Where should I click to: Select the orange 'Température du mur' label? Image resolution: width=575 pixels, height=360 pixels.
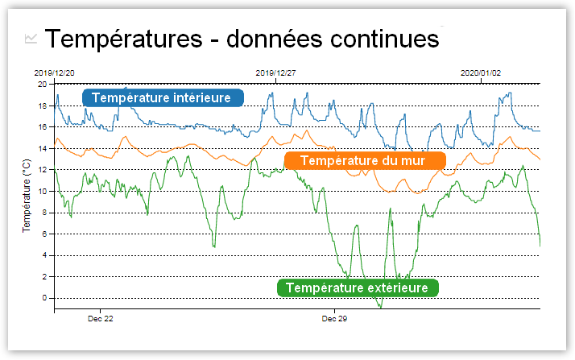pyautogui.click(x=364, y=160)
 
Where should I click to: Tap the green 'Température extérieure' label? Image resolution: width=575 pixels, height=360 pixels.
pyautogui.click(x=358, y=288)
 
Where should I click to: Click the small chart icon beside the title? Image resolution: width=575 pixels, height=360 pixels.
pyautogui.click(x=31, y=38)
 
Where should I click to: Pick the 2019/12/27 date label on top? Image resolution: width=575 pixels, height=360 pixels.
pyautogui.click(x=275, y=72)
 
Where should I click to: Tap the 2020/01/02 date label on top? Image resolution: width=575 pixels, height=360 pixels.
pyautogui.click(x=480, y=72)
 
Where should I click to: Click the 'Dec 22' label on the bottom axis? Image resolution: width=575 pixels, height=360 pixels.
pyautogui.click(x=100, y=319)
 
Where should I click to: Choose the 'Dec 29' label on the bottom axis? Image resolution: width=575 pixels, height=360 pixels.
pyautogui.click(x=334, y=319)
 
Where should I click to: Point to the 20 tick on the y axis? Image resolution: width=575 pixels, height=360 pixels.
pyautogui.click(x=43, y=84)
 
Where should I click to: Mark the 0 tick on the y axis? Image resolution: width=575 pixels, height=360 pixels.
pyautogui.click(x=45, y=298)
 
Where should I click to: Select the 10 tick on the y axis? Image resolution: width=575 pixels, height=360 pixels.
pyautogui.click(x=43, y=191)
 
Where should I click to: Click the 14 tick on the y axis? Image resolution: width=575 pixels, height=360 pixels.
pyautogui.click(x=43, y=148)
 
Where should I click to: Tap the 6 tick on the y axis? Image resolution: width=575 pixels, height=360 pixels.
pyautogui.click(x=45, y=234)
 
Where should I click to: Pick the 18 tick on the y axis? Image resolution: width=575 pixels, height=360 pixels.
pyautogui.click(x=43, y=106)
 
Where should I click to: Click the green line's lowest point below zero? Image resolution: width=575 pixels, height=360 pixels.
pyautogui.click(x=379, y=307)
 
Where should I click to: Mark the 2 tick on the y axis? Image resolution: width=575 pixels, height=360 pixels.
pyautogui.click(x=45, y=276)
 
